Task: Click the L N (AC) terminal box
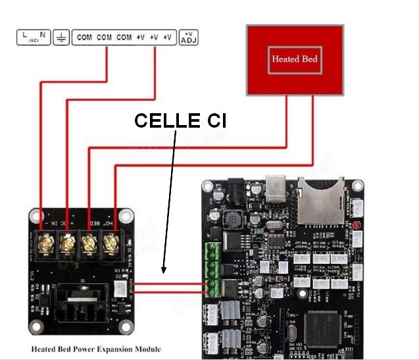[x=33, y=37]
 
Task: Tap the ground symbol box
[x=61, y=37]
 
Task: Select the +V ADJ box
[x=189, y=37]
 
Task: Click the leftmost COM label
[x=84, y=38]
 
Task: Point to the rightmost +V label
[x=167, y=38]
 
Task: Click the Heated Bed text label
[x=295, y=59]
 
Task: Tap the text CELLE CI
[x=180, y=120]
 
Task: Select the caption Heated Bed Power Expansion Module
[x=96, y=349]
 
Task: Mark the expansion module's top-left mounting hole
[x=35, y=215]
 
